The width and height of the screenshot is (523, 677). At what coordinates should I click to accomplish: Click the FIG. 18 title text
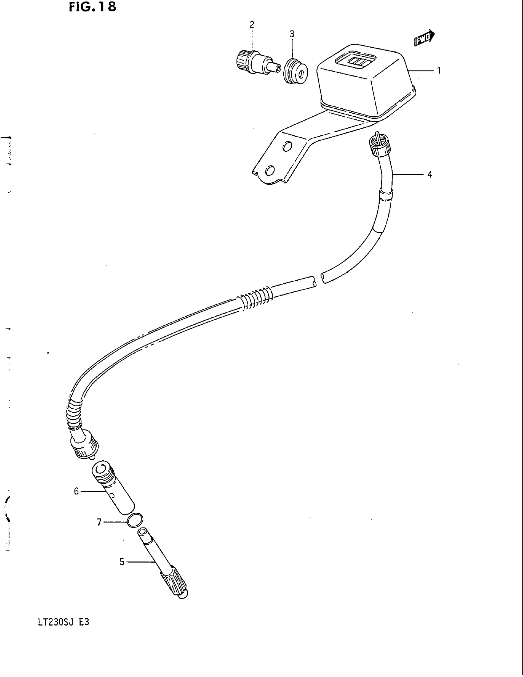(x=92, y=7)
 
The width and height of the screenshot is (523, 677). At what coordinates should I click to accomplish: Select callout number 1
(x=439, y=71)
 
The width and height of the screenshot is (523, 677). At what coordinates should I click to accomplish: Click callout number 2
(x=252, y=25)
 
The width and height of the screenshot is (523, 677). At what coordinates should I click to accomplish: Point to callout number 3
(x=292, y=34)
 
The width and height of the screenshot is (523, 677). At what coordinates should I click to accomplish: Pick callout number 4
(x=429, y=175)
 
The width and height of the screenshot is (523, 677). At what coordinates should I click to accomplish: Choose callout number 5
(x=122, y=562)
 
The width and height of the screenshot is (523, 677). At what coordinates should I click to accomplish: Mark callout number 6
(x=76, y=491)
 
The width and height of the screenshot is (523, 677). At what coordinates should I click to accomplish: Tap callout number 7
(x=99, y=522)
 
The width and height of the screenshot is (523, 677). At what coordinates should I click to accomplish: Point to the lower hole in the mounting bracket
(x=270, y=170)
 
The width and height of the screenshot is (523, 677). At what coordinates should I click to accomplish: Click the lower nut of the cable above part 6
(x=84, y=447)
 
